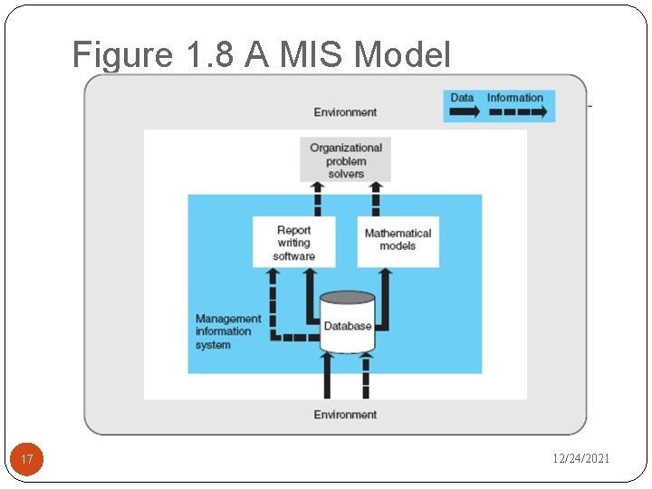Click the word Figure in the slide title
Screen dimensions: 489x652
tap(120, 55)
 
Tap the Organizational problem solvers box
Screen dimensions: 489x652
tap(346, 160)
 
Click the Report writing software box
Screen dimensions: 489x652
tap(293, 243)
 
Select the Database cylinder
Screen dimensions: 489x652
tap(348, 323)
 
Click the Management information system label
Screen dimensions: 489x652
tap(228, 331)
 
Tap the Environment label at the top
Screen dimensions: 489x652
tap(345, 112)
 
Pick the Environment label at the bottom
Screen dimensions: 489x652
tap(345, 414)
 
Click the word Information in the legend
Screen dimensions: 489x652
tap(515, 98)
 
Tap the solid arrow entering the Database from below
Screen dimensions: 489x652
tap(328, 377)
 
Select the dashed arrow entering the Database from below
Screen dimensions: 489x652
tap(367, 377)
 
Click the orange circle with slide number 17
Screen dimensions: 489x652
tap(27, 460)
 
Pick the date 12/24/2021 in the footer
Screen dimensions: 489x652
tap(581, 459)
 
